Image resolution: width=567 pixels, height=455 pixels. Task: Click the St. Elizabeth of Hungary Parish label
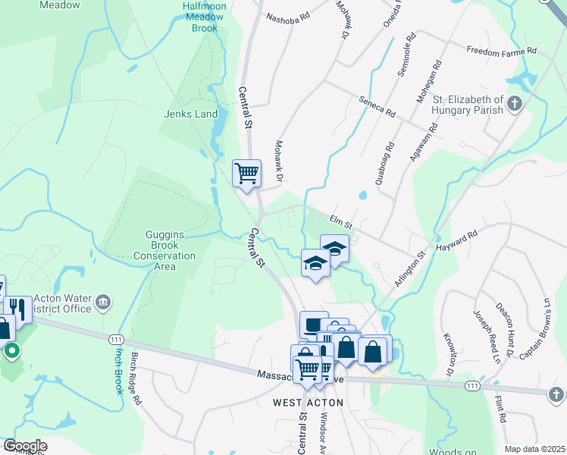(x=468, y=105)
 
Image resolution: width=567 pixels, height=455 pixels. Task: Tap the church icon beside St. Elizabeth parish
(x=515, y=104)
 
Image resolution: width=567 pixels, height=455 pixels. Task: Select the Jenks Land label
(x=190, y=115)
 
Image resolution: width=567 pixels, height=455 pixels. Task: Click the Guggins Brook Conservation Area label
(x=164, y=246)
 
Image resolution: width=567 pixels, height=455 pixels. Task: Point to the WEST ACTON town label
(x=308, y=403)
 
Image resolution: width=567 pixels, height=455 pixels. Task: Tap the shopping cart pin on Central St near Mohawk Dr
(x=246, y=174)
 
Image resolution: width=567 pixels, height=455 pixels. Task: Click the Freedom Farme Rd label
(x=501, y=51)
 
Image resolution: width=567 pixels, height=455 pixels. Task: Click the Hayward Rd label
(x=457, y=242)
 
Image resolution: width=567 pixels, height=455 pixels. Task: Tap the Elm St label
(x=341, y=221)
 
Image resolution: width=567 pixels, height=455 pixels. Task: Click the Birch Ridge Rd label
(x=136, y=369)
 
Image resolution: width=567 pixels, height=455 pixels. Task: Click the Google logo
(x=24, y=446)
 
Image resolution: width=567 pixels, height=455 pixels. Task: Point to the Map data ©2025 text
(x=535, y=449)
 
